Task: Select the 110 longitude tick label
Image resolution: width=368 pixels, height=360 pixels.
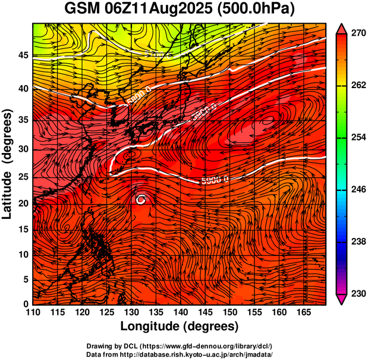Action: (33, 313)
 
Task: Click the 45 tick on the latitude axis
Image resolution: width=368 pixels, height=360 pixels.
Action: (23, 55)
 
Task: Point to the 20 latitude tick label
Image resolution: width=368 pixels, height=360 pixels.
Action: (23, 204)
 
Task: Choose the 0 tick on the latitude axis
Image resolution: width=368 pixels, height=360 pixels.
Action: (26, 303)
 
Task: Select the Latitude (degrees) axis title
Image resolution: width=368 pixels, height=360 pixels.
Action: (8, 164)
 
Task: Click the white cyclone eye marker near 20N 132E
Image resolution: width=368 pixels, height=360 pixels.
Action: (141, 200)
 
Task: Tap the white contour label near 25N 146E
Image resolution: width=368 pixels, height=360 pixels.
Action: (215, 179)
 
